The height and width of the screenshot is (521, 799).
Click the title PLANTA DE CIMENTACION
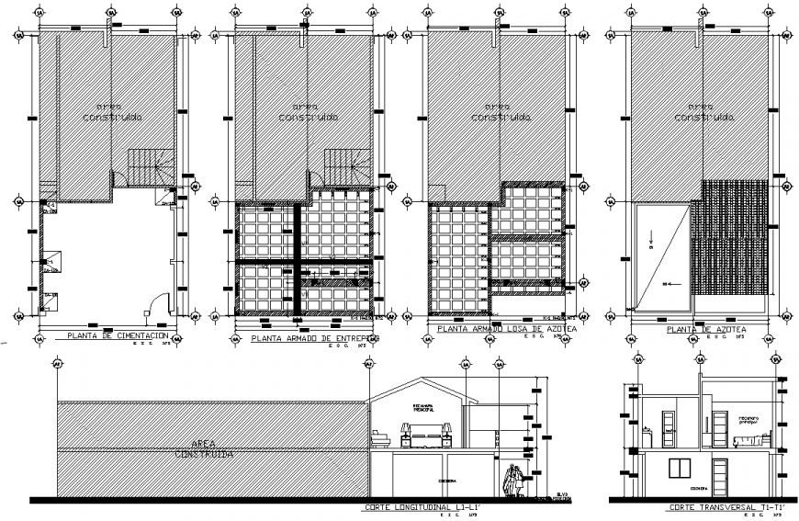click(x=117, y=336)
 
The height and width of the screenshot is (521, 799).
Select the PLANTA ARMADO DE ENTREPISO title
click(x=315, y=338)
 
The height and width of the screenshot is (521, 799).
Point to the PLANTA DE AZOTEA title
click(x=705, y=329)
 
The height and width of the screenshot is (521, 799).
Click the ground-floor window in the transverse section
click(x=680, y=469)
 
